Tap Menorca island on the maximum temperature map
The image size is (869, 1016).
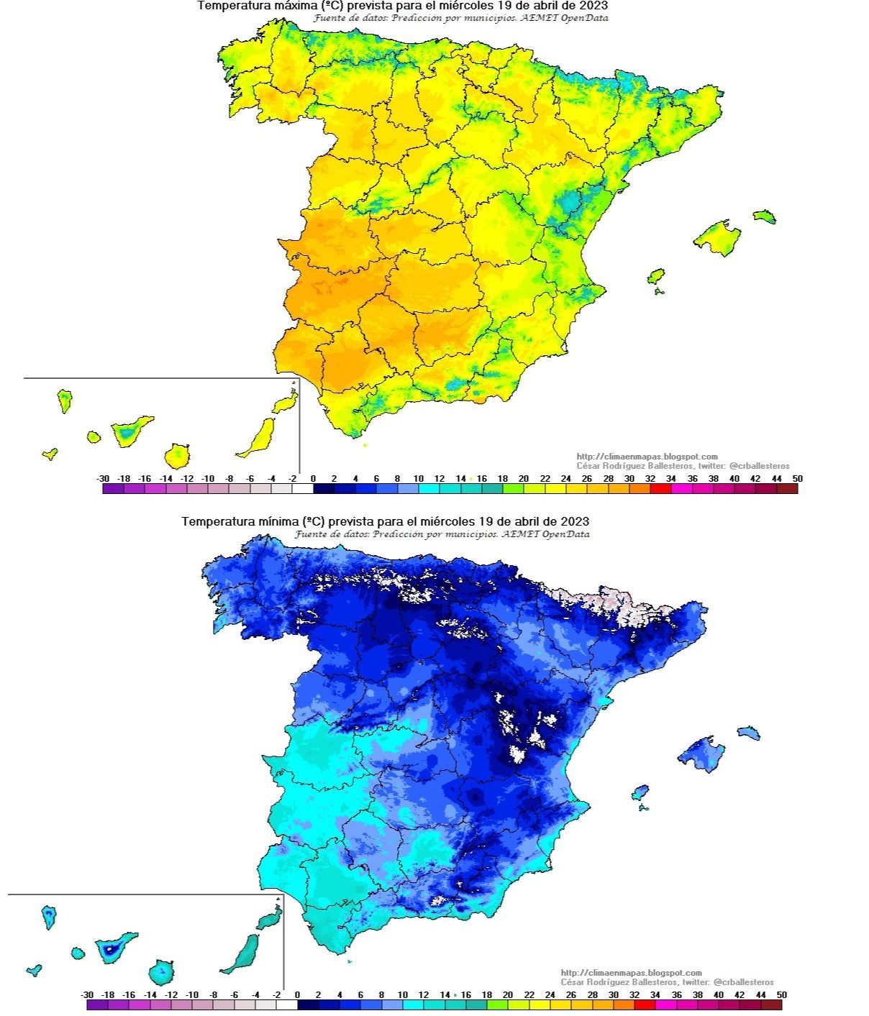(765, 216)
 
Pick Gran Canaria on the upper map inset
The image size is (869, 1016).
(177, 455)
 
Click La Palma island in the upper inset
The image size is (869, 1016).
(65, 401)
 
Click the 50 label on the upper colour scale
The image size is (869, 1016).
(797, 479)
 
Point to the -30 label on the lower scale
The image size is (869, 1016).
(87, 995)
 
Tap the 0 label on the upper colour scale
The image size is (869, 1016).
(313, 479)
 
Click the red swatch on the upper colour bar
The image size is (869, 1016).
(660, 489)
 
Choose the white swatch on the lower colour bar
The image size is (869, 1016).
(286, 1005)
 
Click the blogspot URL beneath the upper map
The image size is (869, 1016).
(647, 457)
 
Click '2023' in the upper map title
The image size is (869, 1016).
(593, 6)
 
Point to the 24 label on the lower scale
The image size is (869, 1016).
(550, 995)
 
